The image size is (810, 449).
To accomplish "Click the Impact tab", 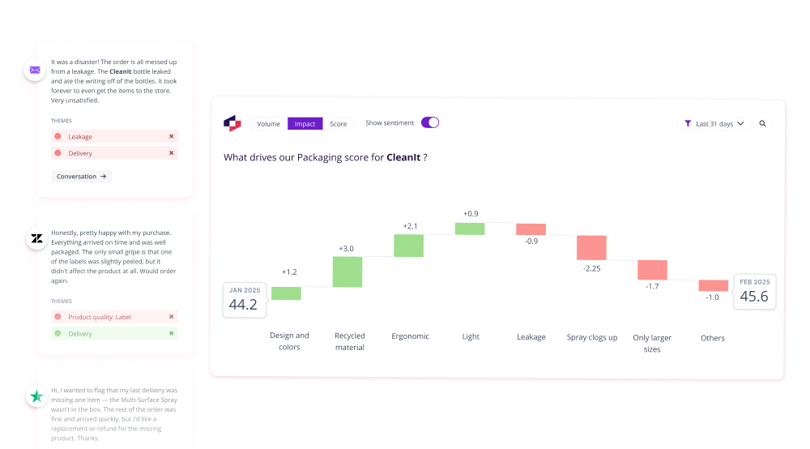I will [305, 124].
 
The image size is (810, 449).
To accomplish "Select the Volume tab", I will [268, 124].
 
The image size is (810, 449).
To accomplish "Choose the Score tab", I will [339, 124].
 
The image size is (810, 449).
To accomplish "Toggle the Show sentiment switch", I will [430, 122].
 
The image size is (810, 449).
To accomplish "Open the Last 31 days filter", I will [714, 124].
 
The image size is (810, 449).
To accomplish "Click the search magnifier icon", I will [762, 124].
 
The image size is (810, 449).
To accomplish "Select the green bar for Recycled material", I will [347, 272].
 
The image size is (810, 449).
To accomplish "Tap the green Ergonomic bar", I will [408, 246].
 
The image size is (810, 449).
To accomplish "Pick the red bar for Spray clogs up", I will [591, 247].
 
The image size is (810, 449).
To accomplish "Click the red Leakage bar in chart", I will [531, 229].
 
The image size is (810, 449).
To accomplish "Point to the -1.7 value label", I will [652, 286].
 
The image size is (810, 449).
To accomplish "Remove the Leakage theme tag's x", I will [171, 137].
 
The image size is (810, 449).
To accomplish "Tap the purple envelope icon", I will [35, 70].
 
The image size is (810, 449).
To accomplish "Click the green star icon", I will [36, 396].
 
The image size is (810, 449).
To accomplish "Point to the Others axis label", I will [713, 338].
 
